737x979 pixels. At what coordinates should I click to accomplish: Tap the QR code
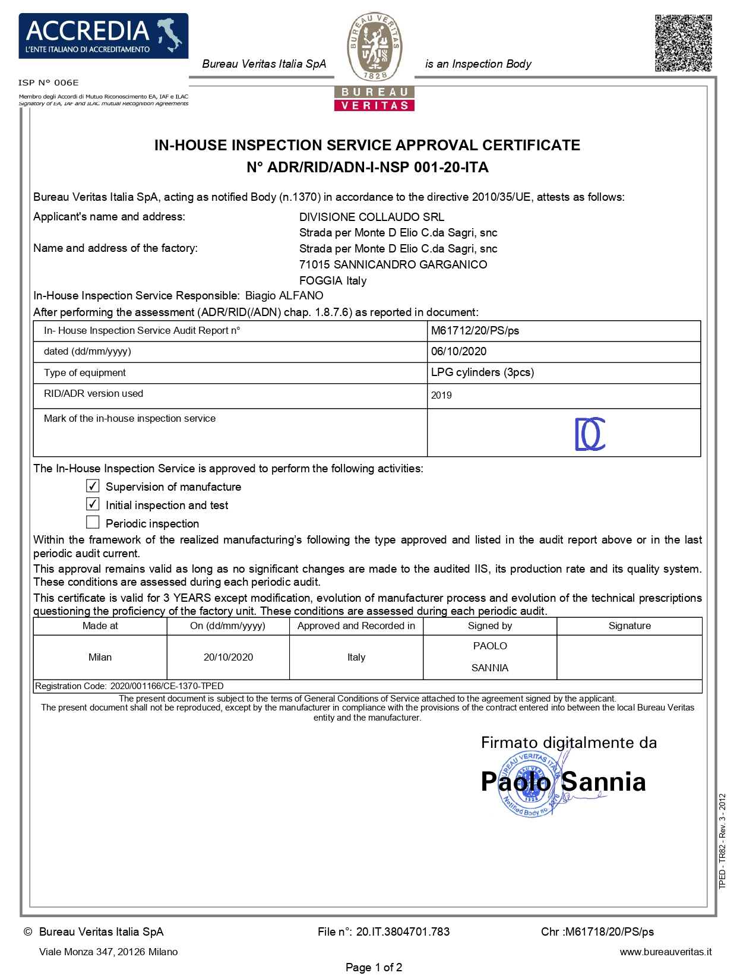pyautogui.click(x=683, y=43)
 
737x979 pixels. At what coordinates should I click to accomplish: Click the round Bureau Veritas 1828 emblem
pyautogui.click(x=375, y=47)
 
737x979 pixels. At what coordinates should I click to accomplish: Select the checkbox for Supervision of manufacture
pyautogui.click(x=93, y=486)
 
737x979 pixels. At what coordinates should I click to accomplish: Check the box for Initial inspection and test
pyautogui.click(x=93, y=504)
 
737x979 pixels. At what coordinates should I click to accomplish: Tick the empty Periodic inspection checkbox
pyautogui.click(x=93, y=522)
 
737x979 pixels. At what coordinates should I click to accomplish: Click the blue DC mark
pyautogui.click(x=590, y=434)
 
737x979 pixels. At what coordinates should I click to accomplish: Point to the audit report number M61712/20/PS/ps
pyautogui.click(x=475, y=331)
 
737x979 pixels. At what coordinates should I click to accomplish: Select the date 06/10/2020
pyautogui.click(x=458, y=351)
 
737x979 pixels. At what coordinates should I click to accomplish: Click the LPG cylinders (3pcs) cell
pyautogui.click(x=482, y=372)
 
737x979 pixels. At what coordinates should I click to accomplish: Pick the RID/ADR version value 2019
pyautogui.click(x=441, y=396)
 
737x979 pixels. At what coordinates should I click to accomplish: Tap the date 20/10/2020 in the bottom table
pyautogui.click(x=228, y=657)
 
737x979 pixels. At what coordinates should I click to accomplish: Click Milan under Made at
pyautogui.click(x=100, y=657)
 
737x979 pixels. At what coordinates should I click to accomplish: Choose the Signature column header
pyautogui.click(x=630, y=626)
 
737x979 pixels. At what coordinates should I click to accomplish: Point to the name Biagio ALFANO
pyautogui.click(x=284, y=296)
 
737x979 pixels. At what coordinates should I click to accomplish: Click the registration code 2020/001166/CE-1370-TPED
pyautogui.click(x=167, y=686)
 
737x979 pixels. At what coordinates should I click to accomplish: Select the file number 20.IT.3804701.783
pyautogui.click(x=403, y=932)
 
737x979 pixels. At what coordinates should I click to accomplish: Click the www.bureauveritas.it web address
pyautogui.click(x=665, y=952)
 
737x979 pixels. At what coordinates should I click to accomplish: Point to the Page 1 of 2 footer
pyautogui.click(x=374, y=968)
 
